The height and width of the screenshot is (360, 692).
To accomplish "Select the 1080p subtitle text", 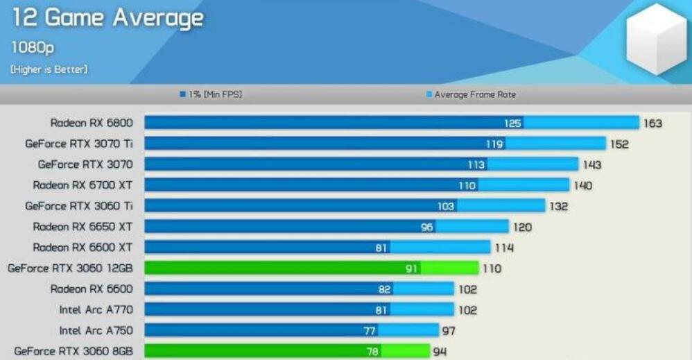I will coord(33,48).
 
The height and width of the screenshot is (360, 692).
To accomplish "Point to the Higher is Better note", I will coord(49,69).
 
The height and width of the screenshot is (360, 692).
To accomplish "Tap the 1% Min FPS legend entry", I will coord(211,94).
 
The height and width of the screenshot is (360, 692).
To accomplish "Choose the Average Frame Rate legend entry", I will coord(472,94).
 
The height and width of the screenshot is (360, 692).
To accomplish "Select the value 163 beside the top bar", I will coord(652,123).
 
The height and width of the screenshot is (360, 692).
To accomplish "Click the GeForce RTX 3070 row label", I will coord(85,164).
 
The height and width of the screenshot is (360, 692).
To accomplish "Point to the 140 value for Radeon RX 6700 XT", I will coord(582,186).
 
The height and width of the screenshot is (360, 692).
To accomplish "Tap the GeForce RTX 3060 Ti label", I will coord(78,206).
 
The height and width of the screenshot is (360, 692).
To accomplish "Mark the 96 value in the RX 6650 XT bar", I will coord(427,227).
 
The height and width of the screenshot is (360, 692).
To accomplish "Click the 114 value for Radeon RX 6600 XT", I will coord(504,248).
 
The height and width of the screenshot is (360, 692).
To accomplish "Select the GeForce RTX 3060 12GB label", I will coord(70,268).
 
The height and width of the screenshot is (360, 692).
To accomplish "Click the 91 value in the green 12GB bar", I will coord(412,268).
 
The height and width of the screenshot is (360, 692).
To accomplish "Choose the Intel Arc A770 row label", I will coord(96,310).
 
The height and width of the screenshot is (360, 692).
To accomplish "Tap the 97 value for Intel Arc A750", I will coord(449,331).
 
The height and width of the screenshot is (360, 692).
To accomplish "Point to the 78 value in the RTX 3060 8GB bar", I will coord(373,352).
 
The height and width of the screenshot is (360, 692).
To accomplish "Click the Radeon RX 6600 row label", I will coord(91,289).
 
